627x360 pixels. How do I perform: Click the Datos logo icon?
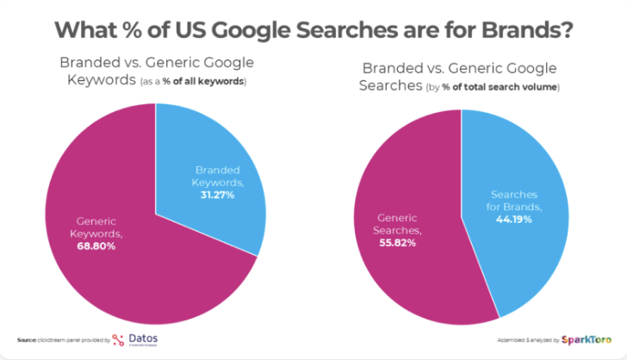[x=119, y=339]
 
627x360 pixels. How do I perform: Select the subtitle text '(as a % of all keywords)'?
[x=192, y=82]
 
